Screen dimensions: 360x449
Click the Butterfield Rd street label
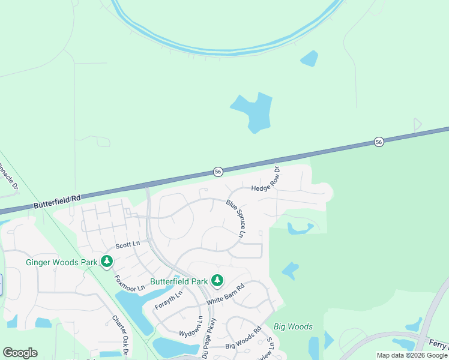(58, 201)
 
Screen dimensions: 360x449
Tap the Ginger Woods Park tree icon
(107, 261)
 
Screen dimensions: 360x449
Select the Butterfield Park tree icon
(217, 280)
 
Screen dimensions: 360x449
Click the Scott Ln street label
(127, 244)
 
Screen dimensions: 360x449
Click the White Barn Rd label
(226, 295)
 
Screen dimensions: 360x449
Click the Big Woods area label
(293, 326)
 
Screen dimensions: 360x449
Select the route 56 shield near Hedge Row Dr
(218, 172)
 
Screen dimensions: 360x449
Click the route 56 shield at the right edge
(378, 142)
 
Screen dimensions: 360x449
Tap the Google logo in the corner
(20, 352)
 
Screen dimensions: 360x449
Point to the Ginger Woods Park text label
(62, 262)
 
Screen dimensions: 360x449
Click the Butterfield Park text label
(179, 281)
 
